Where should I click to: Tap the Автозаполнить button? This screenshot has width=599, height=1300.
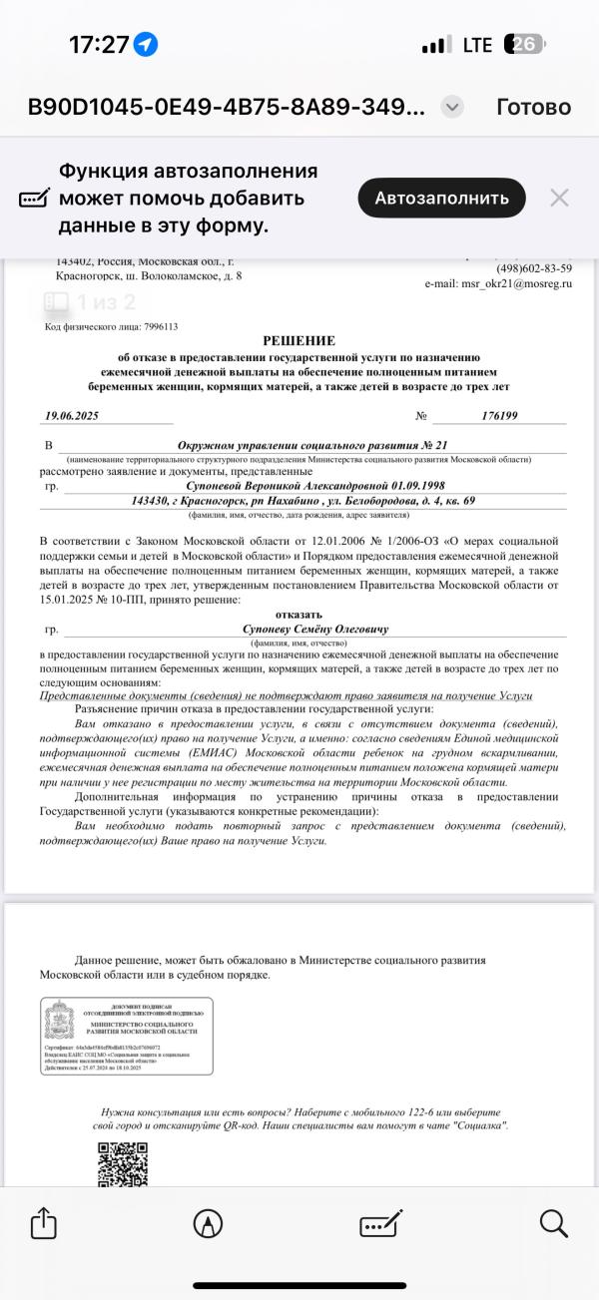pos(441,198)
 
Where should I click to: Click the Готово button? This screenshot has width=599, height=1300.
pos(533,107)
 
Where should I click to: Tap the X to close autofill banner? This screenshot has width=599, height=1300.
pos(560,198)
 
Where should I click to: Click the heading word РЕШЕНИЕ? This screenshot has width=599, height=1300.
pos(299,340)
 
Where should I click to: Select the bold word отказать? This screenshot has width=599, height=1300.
pos(299,615)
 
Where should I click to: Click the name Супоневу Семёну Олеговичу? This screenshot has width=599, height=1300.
pos(315,630)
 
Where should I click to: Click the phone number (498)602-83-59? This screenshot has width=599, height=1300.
pos(534,268)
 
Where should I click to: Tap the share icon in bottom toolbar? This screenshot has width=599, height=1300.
pos(43,1223)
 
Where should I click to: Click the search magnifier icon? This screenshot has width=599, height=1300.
pos(553,1223)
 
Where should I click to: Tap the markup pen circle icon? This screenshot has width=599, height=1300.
pos(208,1223)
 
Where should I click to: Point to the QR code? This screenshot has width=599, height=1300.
pos(122,1164)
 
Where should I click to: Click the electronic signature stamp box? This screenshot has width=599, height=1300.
pos(127,1035)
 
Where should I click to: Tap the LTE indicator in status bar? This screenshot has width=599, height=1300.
pos(477,45)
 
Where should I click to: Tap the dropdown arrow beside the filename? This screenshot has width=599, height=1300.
pos(452,107)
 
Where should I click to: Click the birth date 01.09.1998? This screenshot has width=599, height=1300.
pos(397,485)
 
